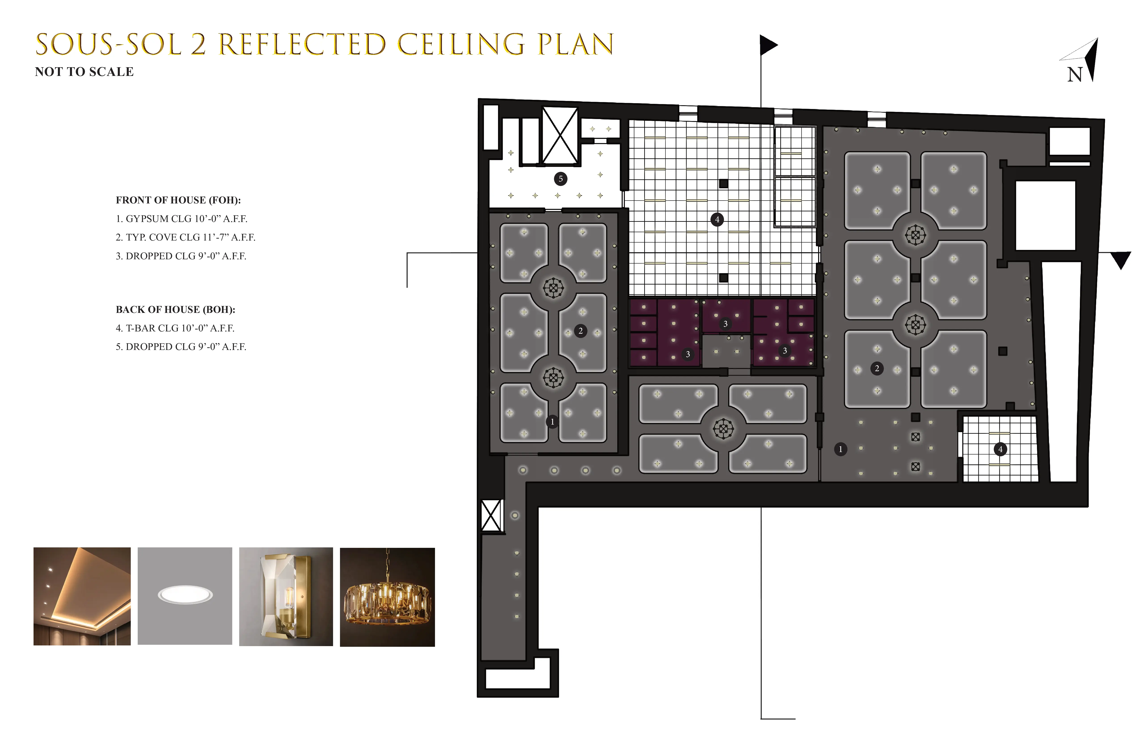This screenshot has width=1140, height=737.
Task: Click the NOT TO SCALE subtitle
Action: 84,72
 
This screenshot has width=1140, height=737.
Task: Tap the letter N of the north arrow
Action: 1075,75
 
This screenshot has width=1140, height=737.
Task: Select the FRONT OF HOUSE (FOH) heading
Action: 178,200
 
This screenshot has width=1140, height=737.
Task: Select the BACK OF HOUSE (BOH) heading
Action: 175,310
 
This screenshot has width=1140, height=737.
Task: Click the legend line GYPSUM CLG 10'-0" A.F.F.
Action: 182,219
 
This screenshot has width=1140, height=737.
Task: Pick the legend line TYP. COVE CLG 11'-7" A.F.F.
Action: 185,237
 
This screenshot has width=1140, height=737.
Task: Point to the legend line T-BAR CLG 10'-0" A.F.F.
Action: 175,328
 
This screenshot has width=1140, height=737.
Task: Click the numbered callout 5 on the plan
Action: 560,179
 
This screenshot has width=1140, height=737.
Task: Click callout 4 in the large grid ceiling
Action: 717,220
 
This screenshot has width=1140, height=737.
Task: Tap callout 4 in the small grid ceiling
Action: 1000,449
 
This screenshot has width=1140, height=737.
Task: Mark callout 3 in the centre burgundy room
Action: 725,324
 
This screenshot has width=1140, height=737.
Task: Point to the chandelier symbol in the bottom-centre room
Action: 723,429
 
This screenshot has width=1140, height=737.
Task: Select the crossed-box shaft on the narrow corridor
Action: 491,515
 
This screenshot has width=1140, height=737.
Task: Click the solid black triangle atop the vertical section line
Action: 768,46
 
